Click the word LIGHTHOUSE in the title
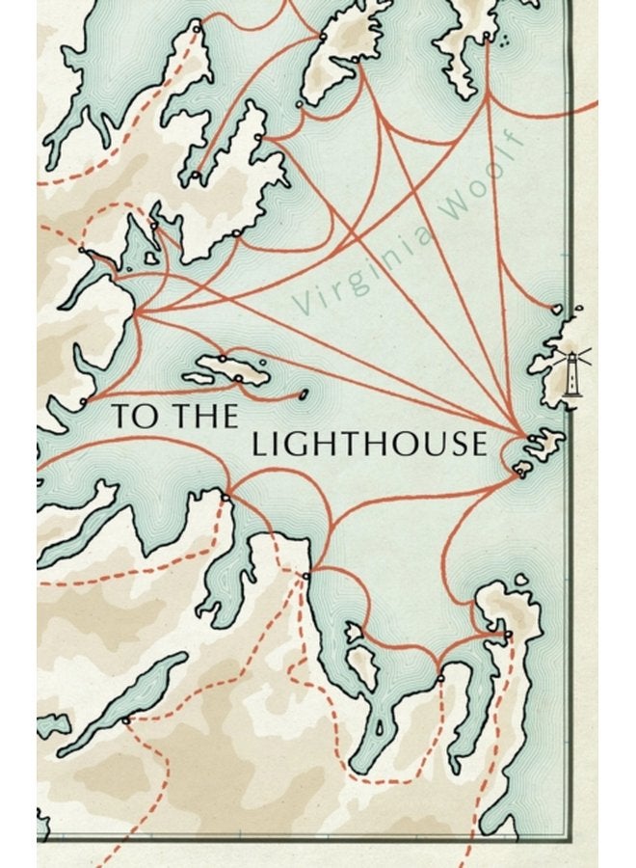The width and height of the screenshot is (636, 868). coord(366,444)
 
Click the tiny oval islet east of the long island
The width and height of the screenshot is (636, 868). coord(305,393)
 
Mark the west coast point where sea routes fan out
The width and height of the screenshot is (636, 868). coord(136,313)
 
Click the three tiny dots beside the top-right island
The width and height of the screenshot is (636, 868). coord(502,40)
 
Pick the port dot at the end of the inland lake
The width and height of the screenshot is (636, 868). coord(125,719)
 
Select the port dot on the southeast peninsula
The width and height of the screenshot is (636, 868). coord(508,634)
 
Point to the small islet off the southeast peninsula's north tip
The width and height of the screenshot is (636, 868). coord(521,581)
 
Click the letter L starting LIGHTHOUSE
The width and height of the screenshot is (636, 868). coord(258,444)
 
